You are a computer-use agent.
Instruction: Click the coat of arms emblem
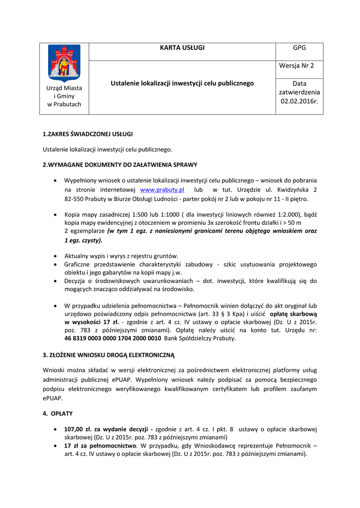coord(64,63)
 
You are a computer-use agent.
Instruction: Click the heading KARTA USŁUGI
coord(182,48)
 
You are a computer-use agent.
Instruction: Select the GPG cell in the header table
coord(299,48)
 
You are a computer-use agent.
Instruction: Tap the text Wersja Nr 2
coord(299,65)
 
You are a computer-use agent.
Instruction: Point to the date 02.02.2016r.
coord(299,101)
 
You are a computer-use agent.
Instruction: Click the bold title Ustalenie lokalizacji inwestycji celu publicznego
coord(182,83)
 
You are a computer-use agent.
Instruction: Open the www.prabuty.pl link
coord(162,190)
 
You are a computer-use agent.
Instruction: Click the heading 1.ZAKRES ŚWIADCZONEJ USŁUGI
coord(87,134)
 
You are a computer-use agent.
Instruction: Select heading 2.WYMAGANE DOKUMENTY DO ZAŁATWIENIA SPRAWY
coord(120,164)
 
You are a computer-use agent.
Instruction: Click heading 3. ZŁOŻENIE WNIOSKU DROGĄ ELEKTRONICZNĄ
coord(109,355)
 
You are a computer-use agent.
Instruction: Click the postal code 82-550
coord(75,199)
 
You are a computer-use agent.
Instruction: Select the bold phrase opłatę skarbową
coord(293,314)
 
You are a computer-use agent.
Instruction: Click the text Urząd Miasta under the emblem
coord(64,88)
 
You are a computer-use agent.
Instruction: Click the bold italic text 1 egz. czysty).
coord(83,240)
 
